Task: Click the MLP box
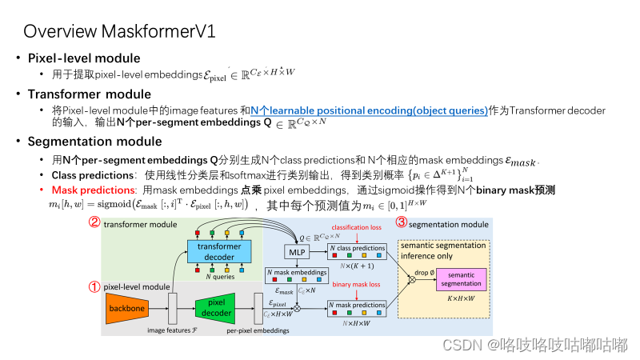click(x=296, y=252)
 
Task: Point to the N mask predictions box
click(x=357, y=307)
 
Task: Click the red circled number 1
click(x=94, y=285)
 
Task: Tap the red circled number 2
click(x=94, y=223)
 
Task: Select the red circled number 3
click(x=402, y=223)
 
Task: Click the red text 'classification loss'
click(x=358, y=229)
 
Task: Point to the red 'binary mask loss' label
click(x=357, y=284)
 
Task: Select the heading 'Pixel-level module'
click(x=84, y=58)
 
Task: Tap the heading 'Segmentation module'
click(x=94, y=142)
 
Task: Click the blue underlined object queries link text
click(x=368, y=110)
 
